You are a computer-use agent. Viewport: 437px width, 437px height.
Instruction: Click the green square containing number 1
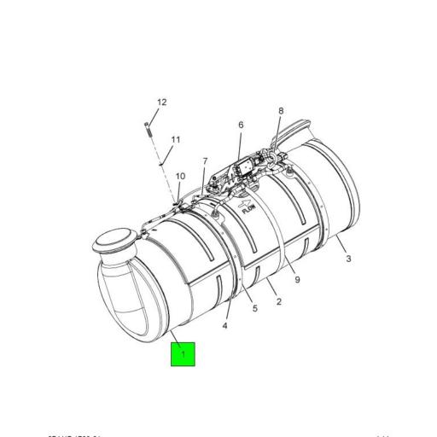[x=183, y=353]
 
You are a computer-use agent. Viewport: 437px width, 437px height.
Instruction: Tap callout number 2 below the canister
[x=278, y=300]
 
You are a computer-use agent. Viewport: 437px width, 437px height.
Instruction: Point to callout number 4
[x=225, y=325]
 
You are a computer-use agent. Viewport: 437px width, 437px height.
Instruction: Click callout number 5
[x=253, y=309]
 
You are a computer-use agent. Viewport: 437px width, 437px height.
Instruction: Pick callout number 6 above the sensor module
[x=241, y=125]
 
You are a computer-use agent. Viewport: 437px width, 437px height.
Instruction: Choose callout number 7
[x=205, y=161]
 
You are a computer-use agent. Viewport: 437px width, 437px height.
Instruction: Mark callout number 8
[x=281, y=111]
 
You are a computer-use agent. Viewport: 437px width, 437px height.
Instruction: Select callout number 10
[x=180, y=177]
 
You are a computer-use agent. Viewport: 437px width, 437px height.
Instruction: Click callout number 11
[x=176, y=140]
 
